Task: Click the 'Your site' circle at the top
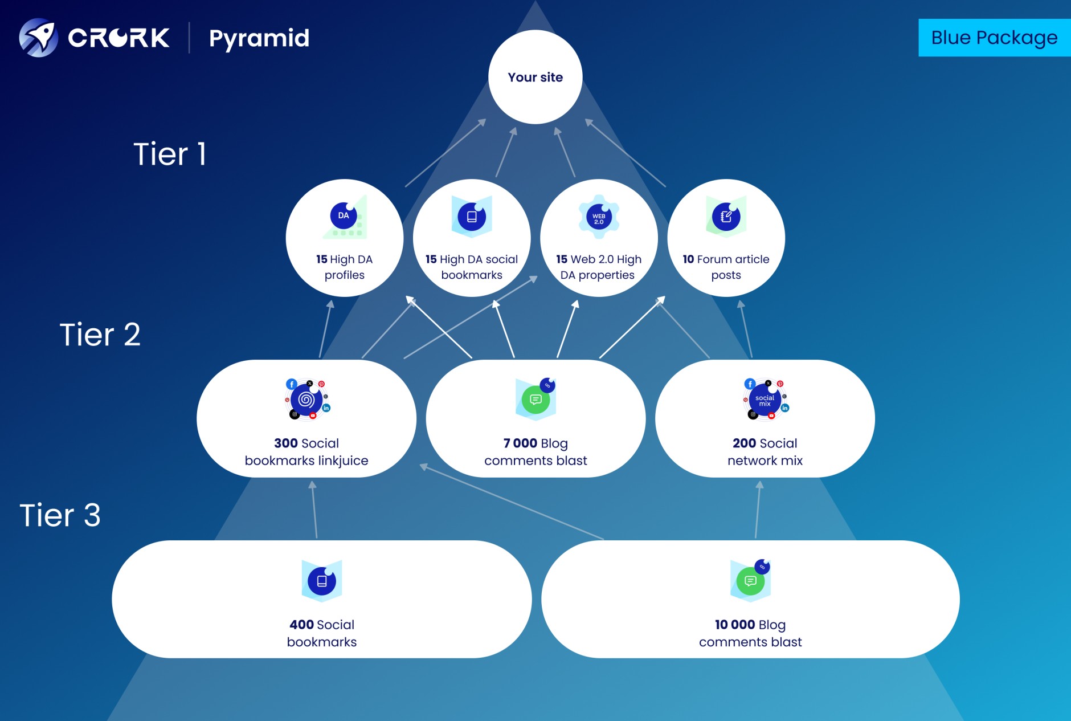pyautogui.click(x=535, y=77)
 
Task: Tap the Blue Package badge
pyautogui.click(x=994, y=38)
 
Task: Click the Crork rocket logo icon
pyautogui.click(x=38, y=38)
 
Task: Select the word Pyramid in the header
pyautogui.click(x=259, y=39)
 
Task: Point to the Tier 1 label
pyautogui.click(x=170, y=154)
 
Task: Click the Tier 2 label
pyautogui.click(x=100, y=335)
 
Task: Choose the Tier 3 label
pyautogui.click(x=60, y=515)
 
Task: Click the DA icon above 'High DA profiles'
pyautogui.click(x=344, y=216)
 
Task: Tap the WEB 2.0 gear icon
pyautogui.click(x=599, y=217)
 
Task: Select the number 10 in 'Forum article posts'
pyautogui.click(x=688, y=259)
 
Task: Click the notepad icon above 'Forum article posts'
pyautogui.click(x=726, y=217)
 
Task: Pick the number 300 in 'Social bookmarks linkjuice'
pyautogui.click(x=286, y=443)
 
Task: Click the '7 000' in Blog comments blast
pyautogui.click(x=520, y=443)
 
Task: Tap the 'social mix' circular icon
pyautogui.click(x=765, y=400)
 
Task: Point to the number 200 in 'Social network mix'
pyautogui.click(x=744, y=443)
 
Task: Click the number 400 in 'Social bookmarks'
pyautogui.click(x=301, y=625)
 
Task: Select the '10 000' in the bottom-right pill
pyautogui.click(x=735, y=625)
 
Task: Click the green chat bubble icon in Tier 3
pyautogui.click(x=750, y=581)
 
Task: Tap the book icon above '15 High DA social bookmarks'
pyautogui.click(x=472, y=217)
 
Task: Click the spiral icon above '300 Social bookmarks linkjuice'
pyautogui.click(x=306, y=400)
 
